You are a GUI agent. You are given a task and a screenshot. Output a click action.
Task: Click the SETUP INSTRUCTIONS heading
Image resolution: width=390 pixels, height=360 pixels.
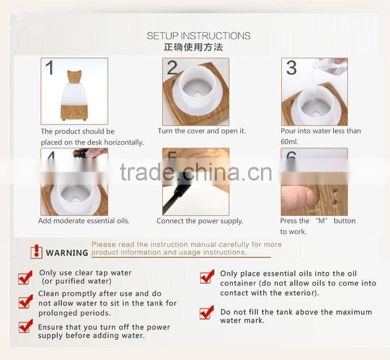tap(199, 36)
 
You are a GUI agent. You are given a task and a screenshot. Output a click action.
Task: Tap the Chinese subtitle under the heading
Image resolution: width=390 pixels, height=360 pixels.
tap(193, 47)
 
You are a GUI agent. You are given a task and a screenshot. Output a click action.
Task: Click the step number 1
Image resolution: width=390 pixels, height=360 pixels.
tap(49, 68)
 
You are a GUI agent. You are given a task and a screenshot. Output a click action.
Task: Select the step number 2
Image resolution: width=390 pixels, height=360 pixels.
tap(172, 68)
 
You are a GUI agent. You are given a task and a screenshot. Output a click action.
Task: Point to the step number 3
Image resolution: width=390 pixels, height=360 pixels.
tap(291, 68)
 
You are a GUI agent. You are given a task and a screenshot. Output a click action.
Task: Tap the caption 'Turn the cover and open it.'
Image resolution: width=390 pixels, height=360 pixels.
tap(202, 131)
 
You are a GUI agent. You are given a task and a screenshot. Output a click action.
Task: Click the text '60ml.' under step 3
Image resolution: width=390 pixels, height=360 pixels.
tap(290, 142)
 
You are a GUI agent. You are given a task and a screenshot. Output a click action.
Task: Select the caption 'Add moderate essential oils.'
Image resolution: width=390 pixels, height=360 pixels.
tap(84, 221)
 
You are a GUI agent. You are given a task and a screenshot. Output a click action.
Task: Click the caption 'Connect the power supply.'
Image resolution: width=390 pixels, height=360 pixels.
tap(200, 221)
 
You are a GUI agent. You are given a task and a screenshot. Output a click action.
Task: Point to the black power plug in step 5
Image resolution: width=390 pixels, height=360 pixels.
tap(179, 191)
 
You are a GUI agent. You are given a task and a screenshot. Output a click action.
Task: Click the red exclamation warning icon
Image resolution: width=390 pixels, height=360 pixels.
tap(36, 252)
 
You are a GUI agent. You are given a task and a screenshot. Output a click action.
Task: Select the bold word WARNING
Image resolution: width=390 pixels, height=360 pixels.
tap(67, 253)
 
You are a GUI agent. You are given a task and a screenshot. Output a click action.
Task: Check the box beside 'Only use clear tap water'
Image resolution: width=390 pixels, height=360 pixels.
tap(25, 277)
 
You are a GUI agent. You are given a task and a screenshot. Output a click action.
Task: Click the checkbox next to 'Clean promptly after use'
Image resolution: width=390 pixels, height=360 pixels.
tap(25, 301)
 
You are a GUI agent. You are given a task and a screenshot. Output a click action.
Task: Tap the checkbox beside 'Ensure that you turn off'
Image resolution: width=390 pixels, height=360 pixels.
tap(25, 326)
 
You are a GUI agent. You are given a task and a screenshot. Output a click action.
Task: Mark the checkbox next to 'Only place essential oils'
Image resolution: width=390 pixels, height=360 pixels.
tap(207, 276)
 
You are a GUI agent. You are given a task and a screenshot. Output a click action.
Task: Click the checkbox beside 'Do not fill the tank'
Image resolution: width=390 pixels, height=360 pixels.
tap(206, 312)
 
